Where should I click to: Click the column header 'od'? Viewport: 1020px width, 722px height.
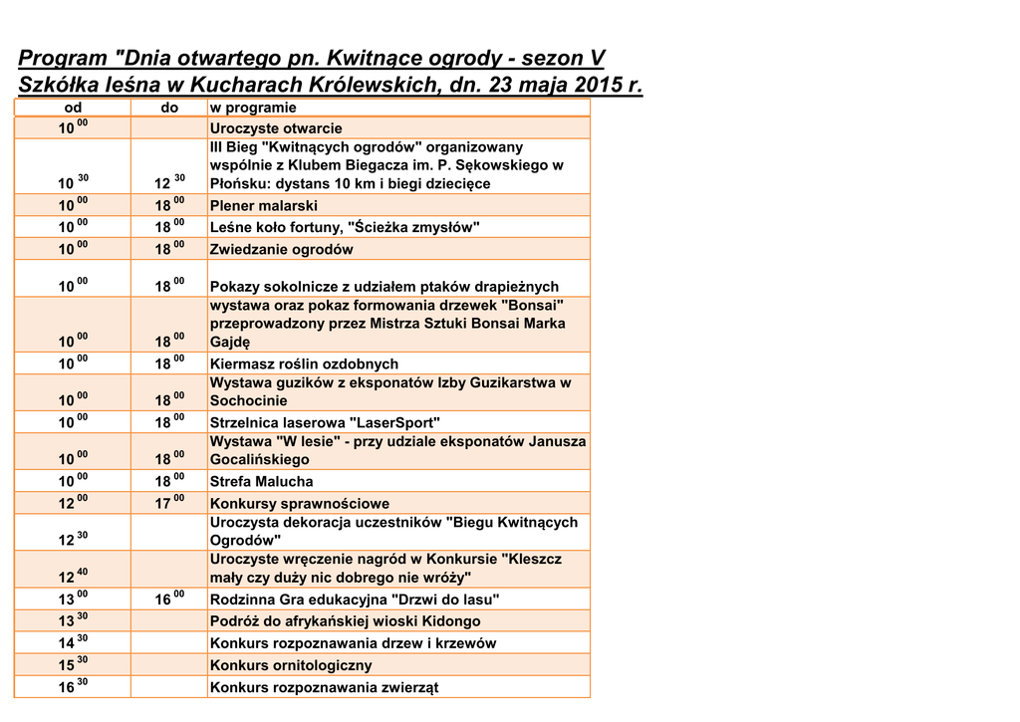[x=73, y=108]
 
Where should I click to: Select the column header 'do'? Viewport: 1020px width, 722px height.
[x=170, y=108]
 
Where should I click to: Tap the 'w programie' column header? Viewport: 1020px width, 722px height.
[x=253, y=108]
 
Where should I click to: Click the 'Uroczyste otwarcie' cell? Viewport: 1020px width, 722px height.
[x=276, y=128]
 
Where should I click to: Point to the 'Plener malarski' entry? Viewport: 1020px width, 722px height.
[x=264, y=206]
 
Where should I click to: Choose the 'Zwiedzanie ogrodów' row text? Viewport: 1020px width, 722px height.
[x=281, y=250]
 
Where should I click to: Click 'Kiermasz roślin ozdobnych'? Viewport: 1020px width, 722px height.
[x=304, y=364]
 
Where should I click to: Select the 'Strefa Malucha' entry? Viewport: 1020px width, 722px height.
[x=261, y=482]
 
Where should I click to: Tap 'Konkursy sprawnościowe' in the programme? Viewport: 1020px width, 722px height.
[x=299, y=504]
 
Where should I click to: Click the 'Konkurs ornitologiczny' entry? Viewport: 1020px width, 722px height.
[x=291, y=665]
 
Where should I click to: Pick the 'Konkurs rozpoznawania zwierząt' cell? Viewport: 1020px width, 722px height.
[x=324, y=687]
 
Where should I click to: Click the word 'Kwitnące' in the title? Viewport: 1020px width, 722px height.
[x=380, y=59]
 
